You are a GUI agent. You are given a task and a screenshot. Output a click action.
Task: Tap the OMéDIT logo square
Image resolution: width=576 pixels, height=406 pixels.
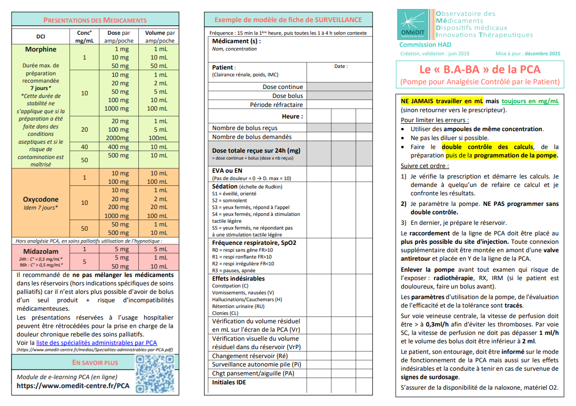pos(414,24)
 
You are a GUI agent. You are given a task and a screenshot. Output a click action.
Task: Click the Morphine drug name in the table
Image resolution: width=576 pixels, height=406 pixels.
pos(41,49)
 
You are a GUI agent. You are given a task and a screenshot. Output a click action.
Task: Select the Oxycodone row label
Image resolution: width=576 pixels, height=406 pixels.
pos(41,200)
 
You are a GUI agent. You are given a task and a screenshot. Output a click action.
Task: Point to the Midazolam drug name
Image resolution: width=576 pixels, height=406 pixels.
pos(41,251)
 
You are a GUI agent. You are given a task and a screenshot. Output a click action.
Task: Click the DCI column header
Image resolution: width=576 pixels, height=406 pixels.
pos(41,37)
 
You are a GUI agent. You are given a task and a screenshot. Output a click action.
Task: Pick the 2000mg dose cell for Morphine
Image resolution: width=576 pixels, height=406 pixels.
pos(117,138)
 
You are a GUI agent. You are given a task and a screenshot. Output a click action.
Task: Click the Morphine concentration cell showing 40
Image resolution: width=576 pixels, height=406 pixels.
pos(84,147)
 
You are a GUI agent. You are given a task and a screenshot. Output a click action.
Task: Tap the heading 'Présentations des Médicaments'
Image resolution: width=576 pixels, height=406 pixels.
pos(95,20)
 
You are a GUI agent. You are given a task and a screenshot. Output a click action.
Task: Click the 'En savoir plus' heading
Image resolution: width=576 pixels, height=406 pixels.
pos(95,363)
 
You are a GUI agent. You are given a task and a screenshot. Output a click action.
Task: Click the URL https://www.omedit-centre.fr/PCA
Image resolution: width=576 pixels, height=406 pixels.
pos(73,385)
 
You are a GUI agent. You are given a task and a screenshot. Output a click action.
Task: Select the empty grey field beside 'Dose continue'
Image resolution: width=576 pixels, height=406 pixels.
pos(339,87)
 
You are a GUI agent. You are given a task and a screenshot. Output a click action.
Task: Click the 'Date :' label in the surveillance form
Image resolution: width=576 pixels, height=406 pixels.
pos(340,66)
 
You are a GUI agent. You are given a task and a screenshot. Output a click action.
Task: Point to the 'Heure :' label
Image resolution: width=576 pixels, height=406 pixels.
pos(292,116)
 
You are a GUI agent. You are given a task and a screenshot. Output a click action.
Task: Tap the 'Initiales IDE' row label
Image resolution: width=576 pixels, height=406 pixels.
pos(229,382)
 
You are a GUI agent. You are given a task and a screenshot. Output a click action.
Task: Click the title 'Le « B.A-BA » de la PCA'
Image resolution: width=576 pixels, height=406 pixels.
pos(479,70)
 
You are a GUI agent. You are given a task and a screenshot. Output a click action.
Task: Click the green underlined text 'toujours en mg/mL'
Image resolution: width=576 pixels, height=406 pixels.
pos(530,101)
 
